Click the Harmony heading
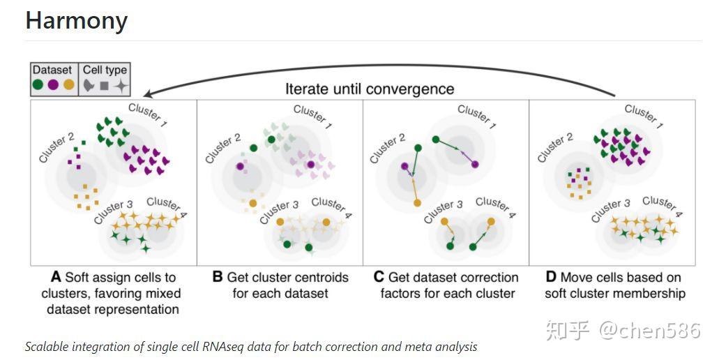click(x=77, y=21)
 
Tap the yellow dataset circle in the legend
click(x=68, y=85)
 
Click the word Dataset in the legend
click(x=52, y=70)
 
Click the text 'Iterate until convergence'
click(x=370, y=89)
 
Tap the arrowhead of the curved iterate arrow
click(x=147, y=94)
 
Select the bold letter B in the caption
click(x=218, y=278)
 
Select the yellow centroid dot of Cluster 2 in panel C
click(x=417, y=202)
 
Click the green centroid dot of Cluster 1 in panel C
click(x=436, y=140)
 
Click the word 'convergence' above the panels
click(x=414, y=89)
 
